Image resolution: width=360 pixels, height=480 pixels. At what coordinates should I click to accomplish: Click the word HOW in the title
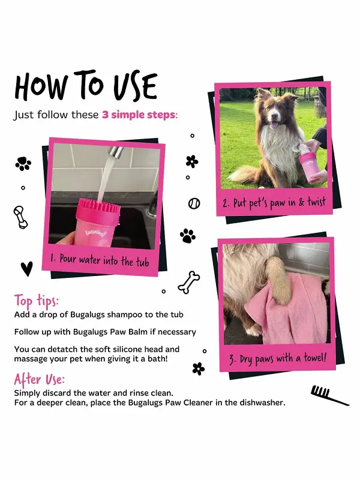pyautogui.click(x=41, y=87)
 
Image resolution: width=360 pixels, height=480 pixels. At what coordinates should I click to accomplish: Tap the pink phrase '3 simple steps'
pyautogui.click(x=139, y=115)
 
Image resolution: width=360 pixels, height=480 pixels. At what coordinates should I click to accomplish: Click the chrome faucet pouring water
pyautogui.click(x=114, y=152)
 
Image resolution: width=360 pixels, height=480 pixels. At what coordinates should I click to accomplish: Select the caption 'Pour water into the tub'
pyautogui.click(x=100, y=260)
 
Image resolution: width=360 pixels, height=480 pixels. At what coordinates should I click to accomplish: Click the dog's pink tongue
pyautogui.click(x=274, y=125)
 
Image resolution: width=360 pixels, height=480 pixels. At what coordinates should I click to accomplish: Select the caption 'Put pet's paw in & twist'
pyautogui.click(x=274, y=203)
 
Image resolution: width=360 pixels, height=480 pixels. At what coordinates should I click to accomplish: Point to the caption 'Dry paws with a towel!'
pyautogui.click(x=278, y=358)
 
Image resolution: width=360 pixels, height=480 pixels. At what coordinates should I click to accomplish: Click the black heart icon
pyautogui.click(x=27, y=268)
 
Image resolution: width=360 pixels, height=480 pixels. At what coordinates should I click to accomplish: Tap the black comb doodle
pyautogui.click(x=329, y=395)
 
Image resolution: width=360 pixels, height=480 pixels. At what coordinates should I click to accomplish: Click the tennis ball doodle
pyautogui.click(x=194, y=203)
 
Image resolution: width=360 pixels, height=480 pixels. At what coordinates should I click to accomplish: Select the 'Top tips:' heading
pyautogui.click(x=36, y=301)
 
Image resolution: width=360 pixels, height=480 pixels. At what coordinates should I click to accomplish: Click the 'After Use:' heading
pyautogui.click(x=39, y=379)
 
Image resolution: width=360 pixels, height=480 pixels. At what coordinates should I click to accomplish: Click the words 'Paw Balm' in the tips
pyautogui.click(x=129, y=332)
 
